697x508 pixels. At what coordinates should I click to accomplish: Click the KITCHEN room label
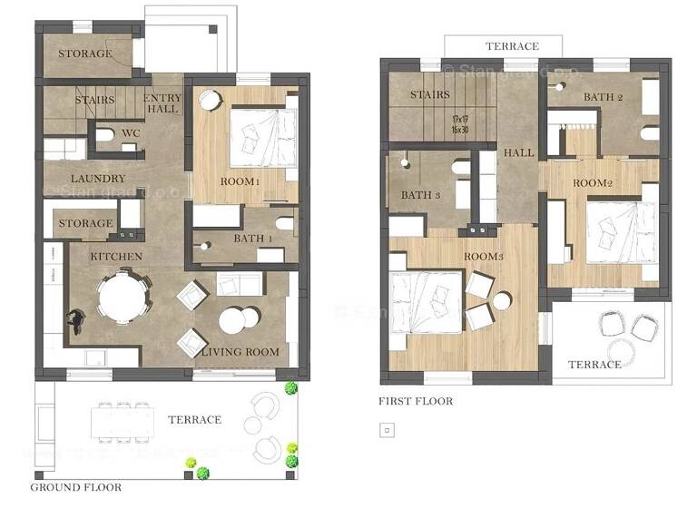tap(116, 257)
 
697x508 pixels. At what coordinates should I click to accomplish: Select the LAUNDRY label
tap(97, 179)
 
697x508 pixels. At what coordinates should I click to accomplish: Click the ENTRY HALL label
tap(163, 103)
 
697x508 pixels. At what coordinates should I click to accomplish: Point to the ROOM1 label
tap(240, 181)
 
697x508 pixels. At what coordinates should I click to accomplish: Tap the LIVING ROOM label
tap(240, 352)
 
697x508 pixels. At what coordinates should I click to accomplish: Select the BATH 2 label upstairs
tap(604, 97)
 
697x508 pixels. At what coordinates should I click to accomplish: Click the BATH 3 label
tap(420, 195)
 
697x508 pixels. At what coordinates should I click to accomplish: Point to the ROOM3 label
tap(484, 257)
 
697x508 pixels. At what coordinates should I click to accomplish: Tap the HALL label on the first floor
tap(518, 153)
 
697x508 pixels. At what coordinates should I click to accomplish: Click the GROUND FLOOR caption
tap(76, 487)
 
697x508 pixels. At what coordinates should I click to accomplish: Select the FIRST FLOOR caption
tap(416, 401)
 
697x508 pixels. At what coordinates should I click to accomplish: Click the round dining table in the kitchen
tap(123, 299)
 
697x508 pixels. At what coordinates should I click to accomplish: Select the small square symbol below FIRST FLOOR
tap(385, 430)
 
